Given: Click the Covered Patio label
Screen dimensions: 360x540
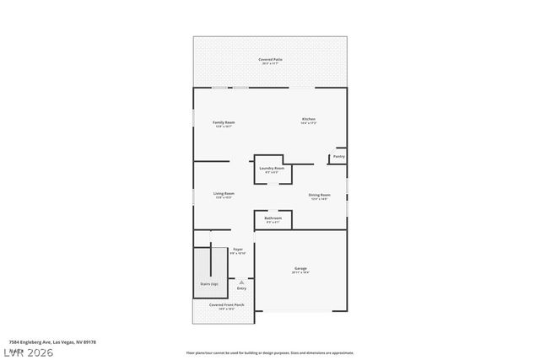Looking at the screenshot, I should click(270, 59).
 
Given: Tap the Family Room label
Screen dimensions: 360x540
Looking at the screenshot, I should click(224, 122).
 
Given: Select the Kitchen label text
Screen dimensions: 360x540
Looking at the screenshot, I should click(309, 119).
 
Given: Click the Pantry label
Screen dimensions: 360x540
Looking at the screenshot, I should click(338, 156).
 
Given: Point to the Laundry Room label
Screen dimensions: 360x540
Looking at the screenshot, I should click(272, 168).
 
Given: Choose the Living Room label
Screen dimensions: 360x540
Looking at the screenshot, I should click(224, 193).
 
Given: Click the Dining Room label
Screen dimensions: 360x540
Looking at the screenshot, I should click(319, 195).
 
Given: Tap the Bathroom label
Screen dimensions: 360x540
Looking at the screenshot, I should click(273, 218).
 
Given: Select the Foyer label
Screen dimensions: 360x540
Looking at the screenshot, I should click(238, 250).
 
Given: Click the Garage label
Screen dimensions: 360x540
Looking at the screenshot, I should click(300, 268).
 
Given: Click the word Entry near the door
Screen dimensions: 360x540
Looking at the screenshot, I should click(241, 287).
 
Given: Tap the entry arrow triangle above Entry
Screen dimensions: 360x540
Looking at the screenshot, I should click(241, 282).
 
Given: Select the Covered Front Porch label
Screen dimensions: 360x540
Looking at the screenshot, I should click(226, 304).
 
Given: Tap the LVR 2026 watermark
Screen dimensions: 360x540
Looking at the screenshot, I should click(27, 352).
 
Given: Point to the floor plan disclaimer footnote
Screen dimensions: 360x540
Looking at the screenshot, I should click(270, 352).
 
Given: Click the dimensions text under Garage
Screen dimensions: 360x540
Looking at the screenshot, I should click(300, 272).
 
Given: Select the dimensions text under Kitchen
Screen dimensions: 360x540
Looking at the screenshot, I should click(309, 123).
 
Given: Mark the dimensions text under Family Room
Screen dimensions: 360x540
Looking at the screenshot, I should click(224, 126).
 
